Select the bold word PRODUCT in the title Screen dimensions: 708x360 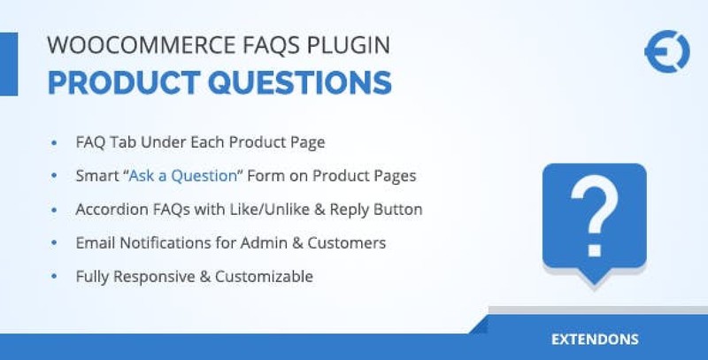pyautogui.click(x=124, y=82)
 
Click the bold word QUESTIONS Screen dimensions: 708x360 pyautogui.click(x=300, y=82)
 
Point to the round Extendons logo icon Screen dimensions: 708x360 pyautogui.click(x=667, y=51)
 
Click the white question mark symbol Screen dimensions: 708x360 pyautogui.click(x=594, y=215)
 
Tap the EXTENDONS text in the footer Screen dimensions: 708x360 pyautogui.click(x=595, y=340)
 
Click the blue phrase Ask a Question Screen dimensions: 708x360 pyautogui.click(x=183, y=175)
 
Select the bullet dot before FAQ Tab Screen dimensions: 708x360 pyautogui.click(x=55, y=142)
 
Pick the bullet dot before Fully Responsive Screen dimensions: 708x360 pyautogui.click(x=55, y=276)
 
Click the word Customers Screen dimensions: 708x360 pyautogui.click(x=347, y=242)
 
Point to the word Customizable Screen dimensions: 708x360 pyautogui.click(x=264, y=276)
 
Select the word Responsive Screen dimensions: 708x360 pyautogui.click(x=154, y=277)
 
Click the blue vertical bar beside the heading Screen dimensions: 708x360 pyautogui.click(x=9, y=64)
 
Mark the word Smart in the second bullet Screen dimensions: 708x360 pyautogui.click(x=96, y=175)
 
